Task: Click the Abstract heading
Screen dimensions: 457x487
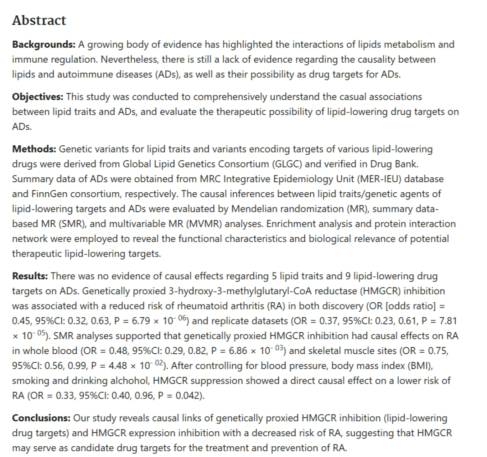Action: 39,20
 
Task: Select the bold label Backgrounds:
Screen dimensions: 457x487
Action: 44,44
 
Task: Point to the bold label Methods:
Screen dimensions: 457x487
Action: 34,149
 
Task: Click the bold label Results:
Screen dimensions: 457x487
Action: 31,275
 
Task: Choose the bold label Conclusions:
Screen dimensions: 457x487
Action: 41,418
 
